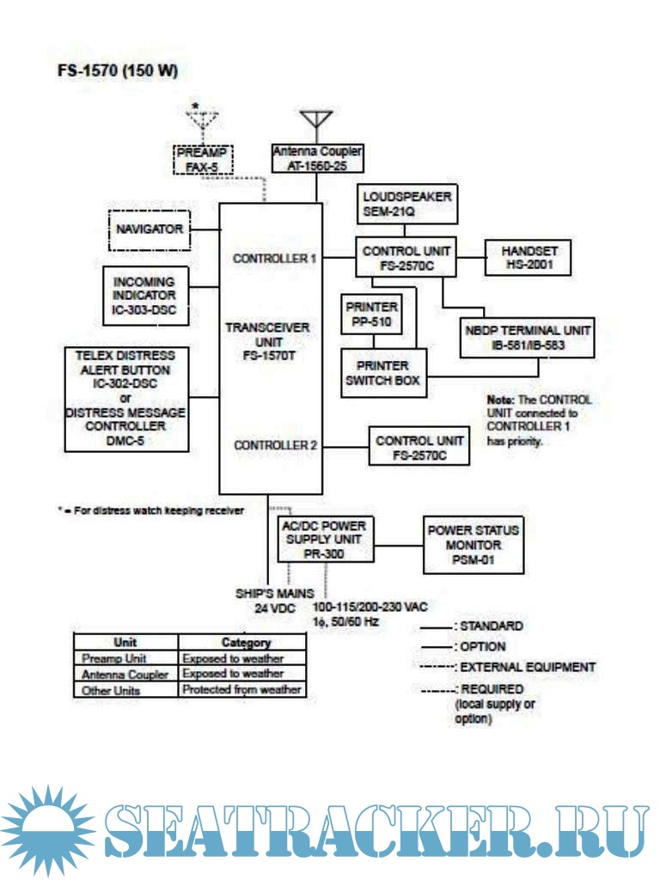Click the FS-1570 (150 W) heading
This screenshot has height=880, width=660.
(118, 70)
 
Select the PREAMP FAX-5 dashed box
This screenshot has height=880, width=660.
(203, 160)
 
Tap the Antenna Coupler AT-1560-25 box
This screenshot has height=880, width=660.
(317, 158)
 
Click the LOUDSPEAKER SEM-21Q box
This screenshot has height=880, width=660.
(406, 203)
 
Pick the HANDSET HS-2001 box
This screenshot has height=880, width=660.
(529, 258)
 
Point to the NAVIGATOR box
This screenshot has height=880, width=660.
(150, 229)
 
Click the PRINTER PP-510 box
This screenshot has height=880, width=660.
(371, 314)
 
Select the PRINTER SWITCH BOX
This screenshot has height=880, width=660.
(384, 373)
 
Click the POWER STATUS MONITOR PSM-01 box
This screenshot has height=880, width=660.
(473, 545)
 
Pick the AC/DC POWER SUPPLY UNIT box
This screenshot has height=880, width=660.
(324, 539)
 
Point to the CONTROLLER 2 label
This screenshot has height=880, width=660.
(276, 445)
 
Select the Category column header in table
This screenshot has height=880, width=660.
(246, 642)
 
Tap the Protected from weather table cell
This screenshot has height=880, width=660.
(241, 689)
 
